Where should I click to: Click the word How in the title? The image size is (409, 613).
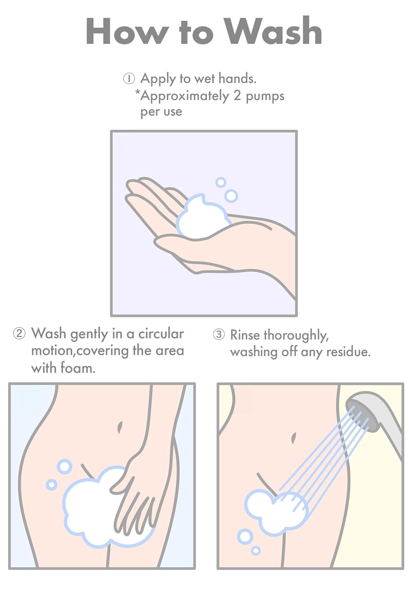pos(126,31)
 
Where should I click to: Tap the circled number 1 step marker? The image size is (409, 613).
pos(129,79)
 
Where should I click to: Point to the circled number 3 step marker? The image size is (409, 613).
pos(218,334)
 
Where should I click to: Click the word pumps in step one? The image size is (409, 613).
pos(265,96)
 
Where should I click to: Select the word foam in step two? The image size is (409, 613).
pos(78,368)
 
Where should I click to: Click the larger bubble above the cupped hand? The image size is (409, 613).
pos(231,196)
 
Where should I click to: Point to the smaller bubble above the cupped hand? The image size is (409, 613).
pos(220,182)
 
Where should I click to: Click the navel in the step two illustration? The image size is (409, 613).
pos(119,427)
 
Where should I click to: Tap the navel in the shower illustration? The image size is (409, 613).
pos(293,438)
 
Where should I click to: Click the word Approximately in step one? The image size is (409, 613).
pos(184,96)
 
